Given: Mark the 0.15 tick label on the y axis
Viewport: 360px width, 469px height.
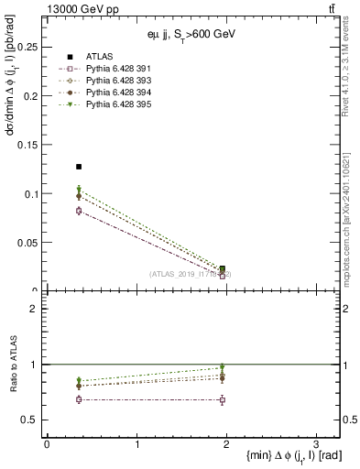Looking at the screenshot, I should tap(29, 145).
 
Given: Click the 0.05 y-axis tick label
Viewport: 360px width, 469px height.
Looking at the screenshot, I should tap(29, 243).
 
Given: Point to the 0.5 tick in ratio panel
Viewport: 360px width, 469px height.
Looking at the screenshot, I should tap(32, 420).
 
